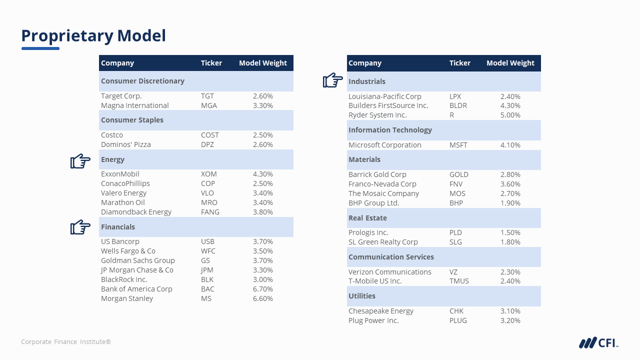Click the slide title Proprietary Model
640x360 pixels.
coord(93,36)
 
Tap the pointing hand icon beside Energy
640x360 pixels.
coord(80,161)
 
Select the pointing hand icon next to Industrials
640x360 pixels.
coord(333,80)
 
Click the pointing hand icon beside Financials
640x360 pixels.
coord(80,227)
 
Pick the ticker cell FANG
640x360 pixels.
coord(210,212)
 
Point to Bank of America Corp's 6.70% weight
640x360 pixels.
coord(263,289)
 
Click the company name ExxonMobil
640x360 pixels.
coord(120,174)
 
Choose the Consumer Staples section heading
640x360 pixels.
coord(132,120)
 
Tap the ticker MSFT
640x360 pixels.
coord(458,145)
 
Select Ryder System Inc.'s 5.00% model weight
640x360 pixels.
coord(510,115)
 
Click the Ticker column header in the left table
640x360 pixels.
coord(211,63)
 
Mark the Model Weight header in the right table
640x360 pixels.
coord(510,63)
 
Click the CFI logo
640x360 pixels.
coord(598,342)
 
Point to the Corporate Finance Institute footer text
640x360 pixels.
coord(66,342)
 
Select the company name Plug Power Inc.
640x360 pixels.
coord(373,320)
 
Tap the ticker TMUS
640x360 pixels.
coord(459,281)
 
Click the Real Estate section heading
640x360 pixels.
coord(367,218)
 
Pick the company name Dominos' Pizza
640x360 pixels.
coord(126,144)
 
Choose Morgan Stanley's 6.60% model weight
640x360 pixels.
coord(263,298)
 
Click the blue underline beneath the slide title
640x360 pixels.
coord(40,48)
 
